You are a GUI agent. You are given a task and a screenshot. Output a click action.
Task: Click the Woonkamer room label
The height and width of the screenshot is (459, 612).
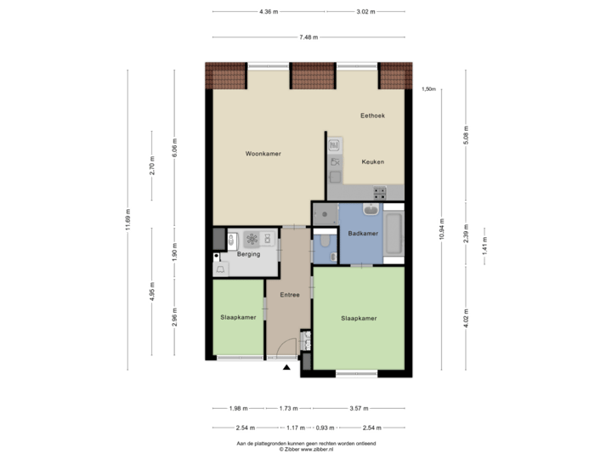[x=263, y=154]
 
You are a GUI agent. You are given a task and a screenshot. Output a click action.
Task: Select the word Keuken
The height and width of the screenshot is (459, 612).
[x=373, y=161]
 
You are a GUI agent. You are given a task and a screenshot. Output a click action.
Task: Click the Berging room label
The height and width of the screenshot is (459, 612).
[x=248, y=253]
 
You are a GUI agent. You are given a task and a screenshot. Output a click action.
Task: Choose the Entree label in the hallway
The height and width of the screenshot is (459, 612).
[x=289, y=295]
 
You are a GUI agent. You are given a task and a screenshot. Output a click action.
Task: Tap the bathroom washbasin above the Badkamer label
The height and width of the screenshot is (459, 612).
[x=371, y=209]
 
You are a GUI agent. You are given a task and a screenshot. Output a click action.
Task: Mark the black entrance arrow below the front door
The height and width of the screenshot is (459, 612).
[x=286, y=367]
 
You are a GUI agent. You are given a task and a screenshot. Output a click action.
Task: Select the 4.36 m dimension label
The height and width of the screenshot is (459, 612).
[x=269, y=12]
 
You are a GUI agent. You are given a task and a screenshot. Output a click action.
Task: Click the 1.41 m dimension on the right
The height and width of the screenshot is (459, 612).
[x=485, y=246]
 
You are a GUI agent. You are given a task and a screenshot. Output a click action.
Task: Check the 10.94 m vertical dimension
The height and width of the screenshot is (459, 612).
[x=441, y=228]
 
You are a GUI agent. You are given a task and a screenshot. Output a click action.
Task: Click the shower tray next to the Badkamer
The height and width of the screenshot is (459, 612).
[x=324, y=215]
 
